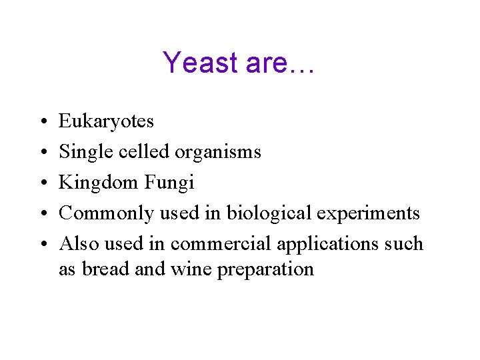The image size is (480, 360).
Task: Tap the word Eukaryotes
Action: tap(106, 121)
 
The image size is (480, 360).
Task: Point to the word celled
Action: tap(144, 152)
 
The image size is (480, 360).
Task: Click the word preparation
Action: tap(265, 269)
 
